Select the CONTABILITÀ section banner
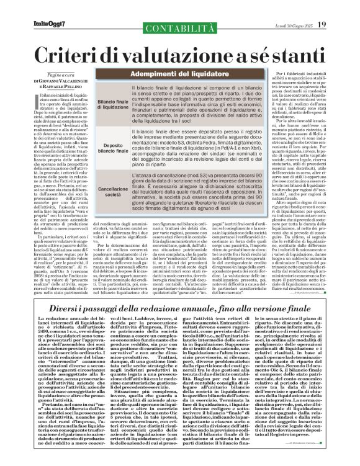pyautogui.click(x=148, y=9)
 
